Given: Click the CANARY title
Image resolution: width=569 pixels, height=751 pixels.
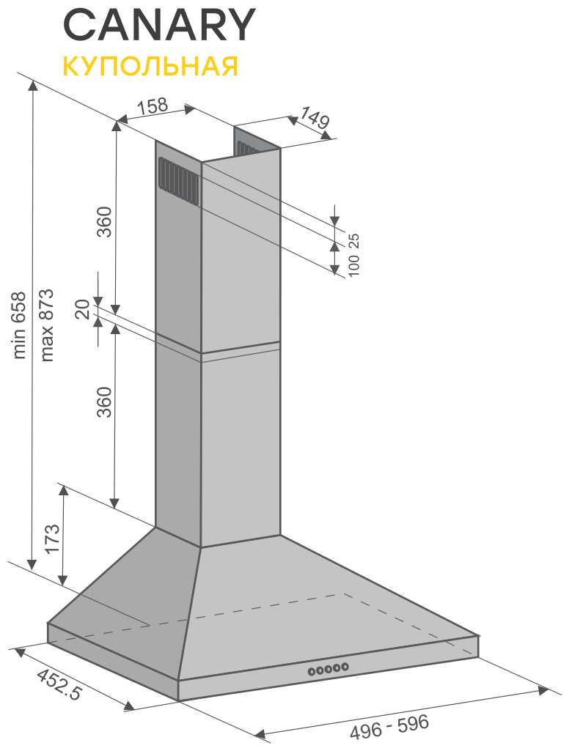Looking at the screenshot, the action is point(158,25).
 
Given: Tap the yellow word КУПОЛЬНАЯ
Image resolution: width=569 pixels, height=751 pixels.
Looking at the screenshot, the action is point(150,66).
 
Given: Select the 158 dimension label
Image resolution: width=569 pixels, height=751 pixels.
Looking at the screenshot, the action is point(153,106).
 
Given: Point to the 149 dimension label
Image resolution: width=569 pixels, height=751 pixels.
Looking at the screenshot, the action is point(315,118).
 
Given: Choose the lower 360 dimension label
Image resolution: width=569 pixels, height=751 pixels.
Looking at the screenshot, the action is point(105,402).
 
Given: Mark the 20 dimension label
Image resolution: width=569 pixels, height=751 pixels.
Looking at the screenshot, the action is point(83,309).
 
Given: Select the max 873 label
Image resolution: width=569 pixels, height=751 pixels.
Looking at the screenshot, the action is point(47,325).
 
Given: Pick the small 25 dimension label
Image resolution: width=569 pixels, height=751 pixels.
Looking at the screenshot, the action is point(353,240).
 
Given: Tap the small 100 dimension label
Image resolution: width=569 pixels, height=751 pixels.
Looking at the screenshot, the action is point(353,265).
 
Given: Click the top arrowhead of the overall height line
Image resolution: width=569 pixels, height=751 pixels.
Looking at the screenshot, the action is point(32,86).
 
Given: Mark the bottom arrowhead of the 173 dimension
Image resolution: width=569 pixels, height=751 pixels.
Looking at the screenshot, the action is point(62,580).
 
